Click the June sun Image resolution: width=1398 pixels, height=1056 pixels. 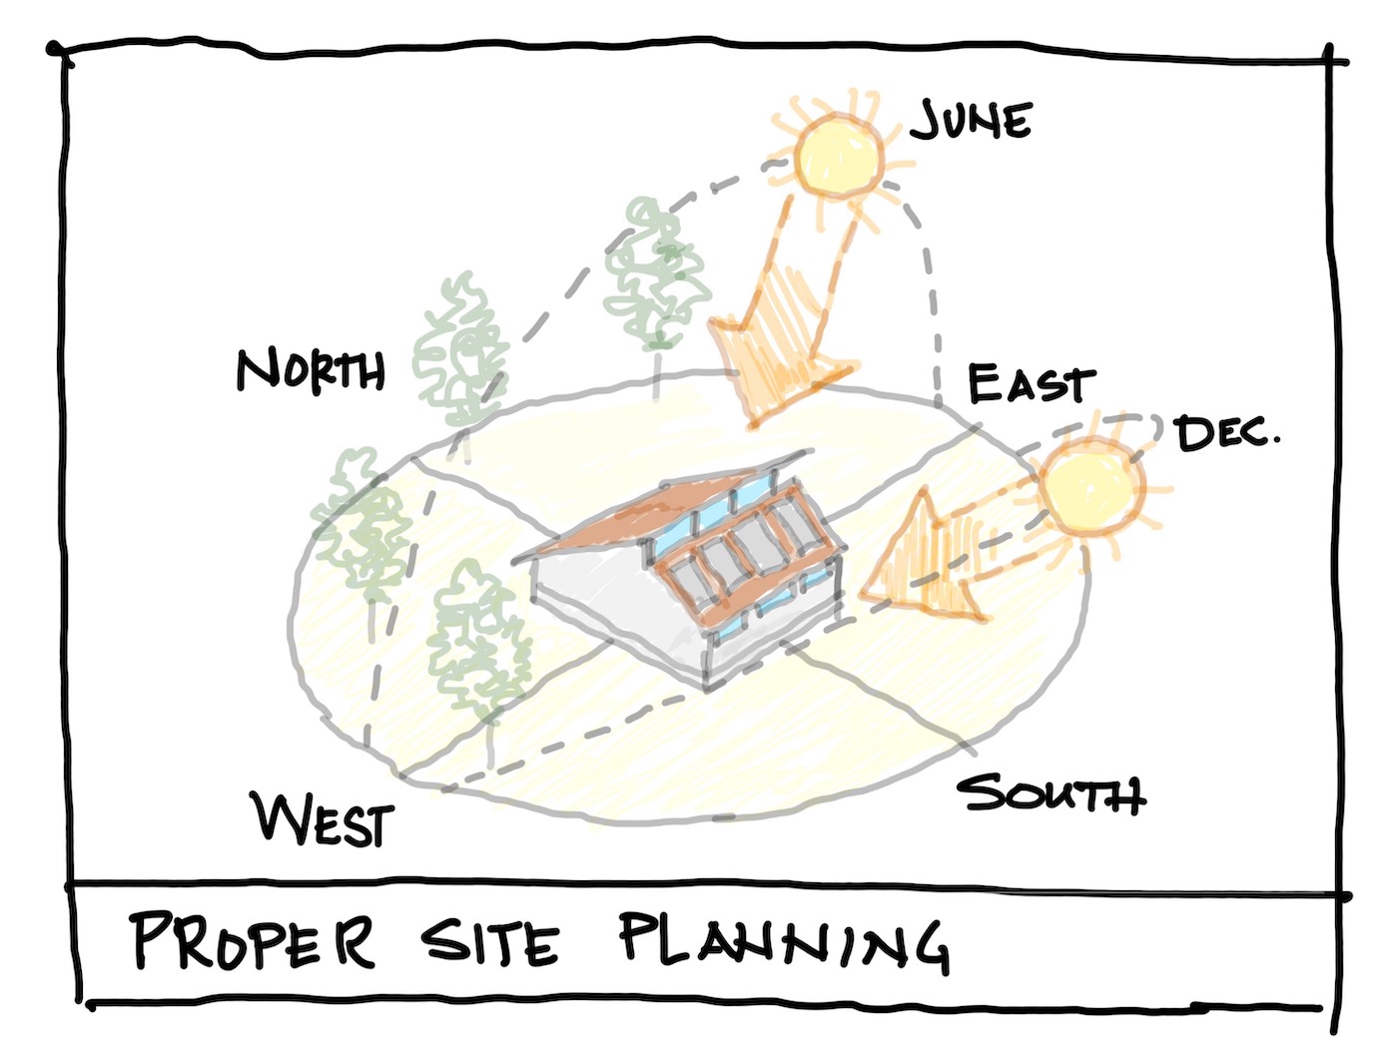click(x=839, y=155)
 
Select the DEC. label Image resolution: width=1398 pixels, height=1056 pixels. click(x=1226, y=433)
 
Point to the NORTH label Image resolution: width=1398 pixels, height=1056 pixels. click(x=311, y=370)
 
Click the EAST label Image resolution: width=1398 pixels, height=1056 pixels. click(x=1030, y=384)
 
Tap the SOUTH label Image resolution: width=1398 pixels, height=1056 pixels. click(x=1050, y=794)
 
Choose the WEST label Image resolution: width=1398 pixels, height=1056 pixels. click(x=324, y=819)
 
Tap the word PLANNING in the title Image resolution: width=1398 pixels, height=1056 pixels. click(x=783, y=941)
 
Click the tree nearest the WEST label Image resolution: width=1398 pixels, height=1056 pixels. click(x=477, y=639)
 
